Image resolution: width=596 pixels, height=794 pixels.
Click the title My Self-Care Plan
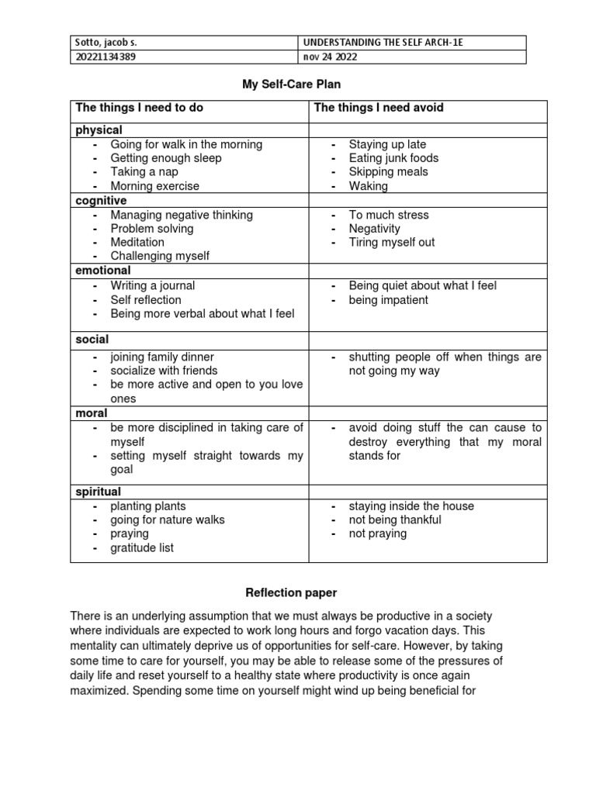point(291,85)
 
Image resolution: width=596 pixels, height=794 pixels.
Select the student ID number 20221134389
point(109,57)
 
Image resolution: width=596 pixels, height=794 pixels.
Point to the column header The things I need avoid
point(379,108)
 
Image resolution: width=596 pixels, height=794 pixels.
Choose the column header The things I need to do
point(139,108)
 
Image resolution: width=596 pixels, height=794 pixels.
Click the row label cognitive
point(101,200)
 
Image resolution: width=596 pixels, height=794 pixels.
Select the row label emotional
point(103,271)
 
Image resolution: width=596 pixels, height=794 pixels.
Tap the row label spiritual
point(99,492)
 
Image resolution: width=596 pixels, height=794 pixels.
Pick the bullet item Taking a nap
point(144,172)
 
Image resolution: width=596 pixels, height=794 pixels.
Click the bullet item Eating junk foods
point(393,158)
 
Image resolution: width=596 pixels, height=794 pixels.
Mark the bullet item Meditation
point(137,242)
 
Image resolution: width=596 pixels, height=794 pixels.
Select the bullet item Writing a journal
point(152,285)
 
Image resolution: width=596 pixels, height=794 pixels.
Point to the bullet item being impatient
point(388,299)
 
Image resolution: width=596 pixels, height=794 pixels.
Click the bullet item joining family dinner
point(162,357)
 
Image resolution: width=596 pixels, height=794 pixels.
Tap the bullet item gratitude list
point(142,547)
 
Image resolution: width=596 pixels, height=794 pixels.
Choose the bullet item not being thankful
point(395,520)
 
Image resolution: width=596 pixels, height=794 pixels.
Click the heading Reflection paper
point(291,593)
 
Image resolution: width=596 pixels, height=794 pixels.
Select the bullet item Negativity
point(374,229)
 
